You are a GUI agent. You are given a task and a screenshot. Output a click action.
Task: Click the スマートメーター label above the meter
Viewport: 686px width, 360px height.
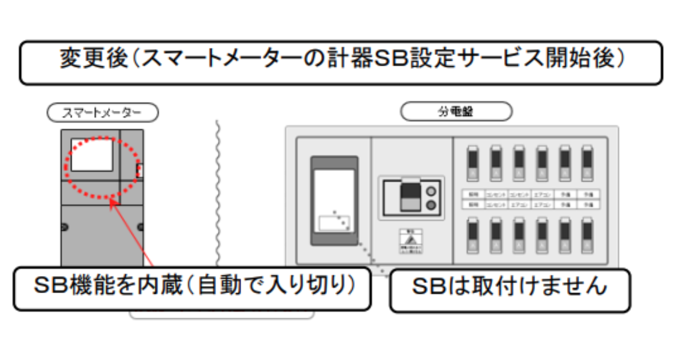tap(102, 113)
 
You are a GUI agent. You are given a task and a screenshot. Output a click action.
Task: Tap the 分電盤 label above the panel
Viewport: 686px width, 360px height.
tap(456, 112)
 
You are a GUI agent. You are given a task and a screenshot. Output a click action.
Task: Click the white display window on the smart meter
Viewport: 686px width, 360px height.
tap(91, 155)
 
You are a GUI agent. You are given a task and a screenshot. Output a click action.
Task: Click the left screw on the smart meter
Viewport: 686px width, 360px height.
tap(63, 227)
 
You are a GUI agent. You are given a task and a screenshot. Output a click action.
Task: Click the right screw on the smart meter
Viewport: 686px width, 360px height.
tap(141, 227)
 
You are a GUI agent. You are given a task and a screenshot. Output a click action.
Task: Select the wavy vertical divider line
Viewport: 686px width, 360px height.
tap(217, 189)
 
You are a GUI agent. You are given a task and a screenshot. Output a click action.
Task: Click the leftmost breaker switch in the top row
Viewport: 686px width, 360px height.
tap(472, 162)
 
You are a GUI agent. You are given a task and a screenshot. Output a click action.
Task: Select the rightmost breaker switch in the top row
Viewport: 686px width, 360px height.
tap(587, 162)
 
